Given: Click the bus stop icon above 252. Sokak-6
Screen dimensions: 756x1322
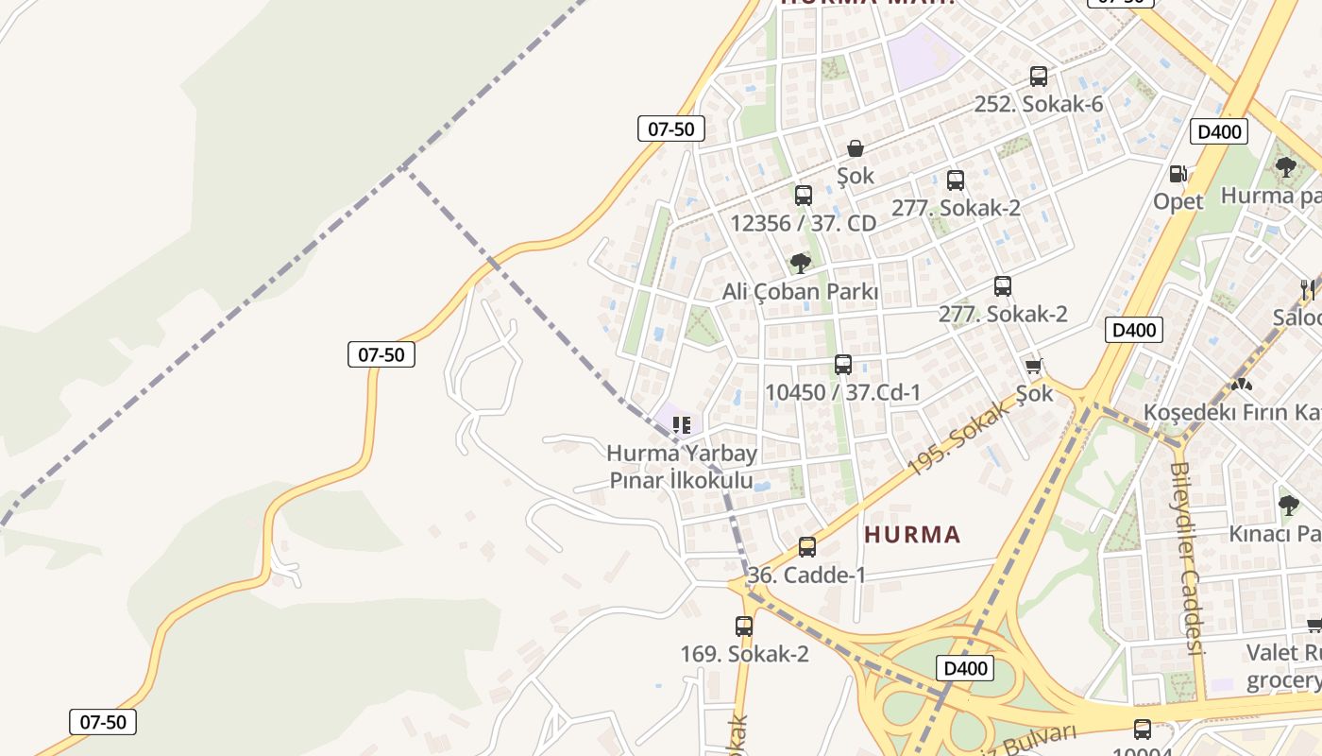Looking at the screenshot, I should coord(1039,77).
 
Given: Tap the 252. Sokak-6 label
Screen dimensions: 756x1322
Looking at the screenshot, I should coord(1038,104).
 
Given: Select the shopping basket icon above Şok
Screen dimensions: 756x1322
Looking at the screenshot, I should coord(856,148).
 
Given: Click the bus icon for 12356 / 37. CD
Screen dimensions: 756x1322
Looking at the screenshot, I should coord(804,196).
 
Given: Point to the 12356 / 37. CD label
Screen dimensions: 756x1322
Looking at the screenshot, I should coord(804,224).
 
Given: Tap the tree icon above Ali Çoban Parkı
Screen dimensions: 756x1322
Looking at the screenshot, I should coord(801,264).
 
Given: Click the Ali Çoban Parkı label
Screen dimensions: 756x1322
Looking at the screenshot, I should coord(800,292).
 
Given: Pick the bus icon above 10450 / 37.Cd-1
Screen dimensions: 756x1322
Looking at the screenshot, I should coord(843,365).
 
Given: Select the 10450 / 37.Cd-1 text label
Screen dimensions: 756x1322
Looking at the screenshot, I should coord(842,392).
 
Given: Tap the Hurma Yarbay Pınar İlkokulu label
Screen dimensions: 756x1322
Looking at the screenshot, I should coord(682,467).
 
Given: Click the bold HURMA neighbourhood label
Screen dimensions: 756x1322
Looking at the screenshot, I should coord(912,535).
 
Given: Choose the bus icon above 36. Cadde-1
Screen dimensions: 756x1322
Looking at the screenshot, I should coord(807,547).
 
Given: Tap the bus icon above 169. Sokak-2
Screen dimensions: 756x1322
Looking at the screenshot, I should coord(744,626).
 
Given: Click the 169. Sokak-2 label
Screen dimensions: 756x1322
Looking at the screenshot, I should coord(744,654).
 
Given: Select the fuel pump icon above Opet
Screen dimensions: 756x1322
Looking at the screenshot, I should coord(1178,174).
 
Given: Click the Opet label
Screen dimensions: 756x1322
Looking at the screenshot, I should coord(1178,201).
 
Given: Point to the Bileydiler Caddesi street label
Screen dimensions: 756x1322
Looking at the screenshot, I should coord(1187,558).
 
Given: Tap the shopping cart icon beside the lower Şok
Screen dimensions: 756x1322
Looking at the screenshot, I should coord(1033,366).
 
